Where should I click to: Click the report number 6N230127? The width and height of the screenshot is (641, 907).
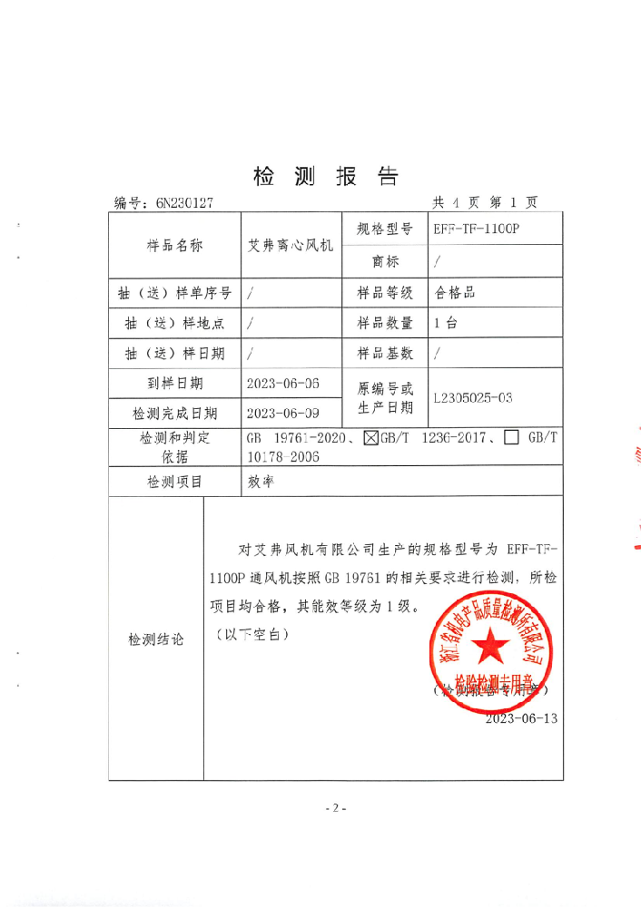(183, 203)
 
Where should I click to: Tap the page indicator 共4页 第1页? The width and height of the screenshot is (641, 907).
(485, 202)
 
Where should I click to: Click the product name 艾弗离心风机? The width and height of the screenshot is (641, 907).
(291, 245)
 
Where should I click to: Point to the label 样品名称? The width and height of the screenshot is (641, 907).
(174, 245)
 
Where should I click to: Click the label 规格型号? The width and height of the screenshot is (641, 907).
(385, 229)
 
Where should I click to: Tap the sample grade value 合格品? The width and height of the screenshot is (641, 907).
(456, 292)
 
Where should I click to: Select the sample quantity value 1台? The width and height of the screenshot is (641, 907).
(446, 323)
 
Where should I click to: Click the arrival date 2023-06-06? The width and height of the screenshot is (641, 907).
(283, 384)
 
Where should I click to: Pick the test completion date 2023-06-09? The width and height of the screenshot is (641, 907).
(283, 414)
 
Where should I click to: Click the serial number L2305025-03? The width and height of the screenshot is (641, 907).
(474, 397)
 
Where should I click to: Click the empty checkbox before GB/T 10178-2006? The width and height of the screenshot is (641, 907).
(511, 438)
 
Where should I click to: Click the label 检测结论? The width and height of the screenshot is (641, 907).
(156, 639)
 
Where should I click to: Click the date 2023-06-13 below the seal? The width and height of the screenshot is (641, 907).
(521, 718)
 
